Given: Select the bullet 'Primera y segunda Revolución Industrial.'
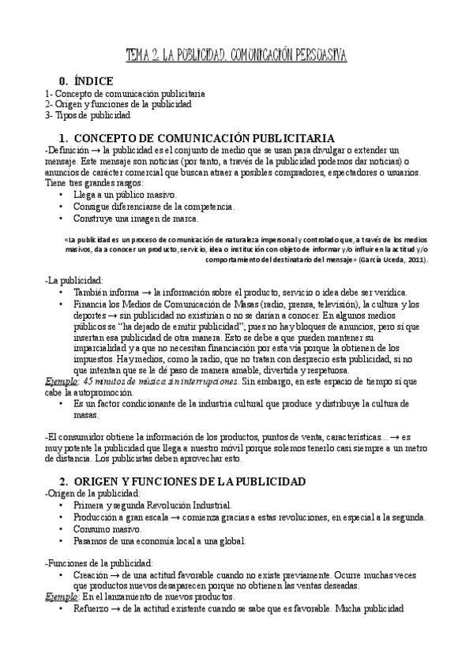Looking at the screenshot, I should coord(152,505).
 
